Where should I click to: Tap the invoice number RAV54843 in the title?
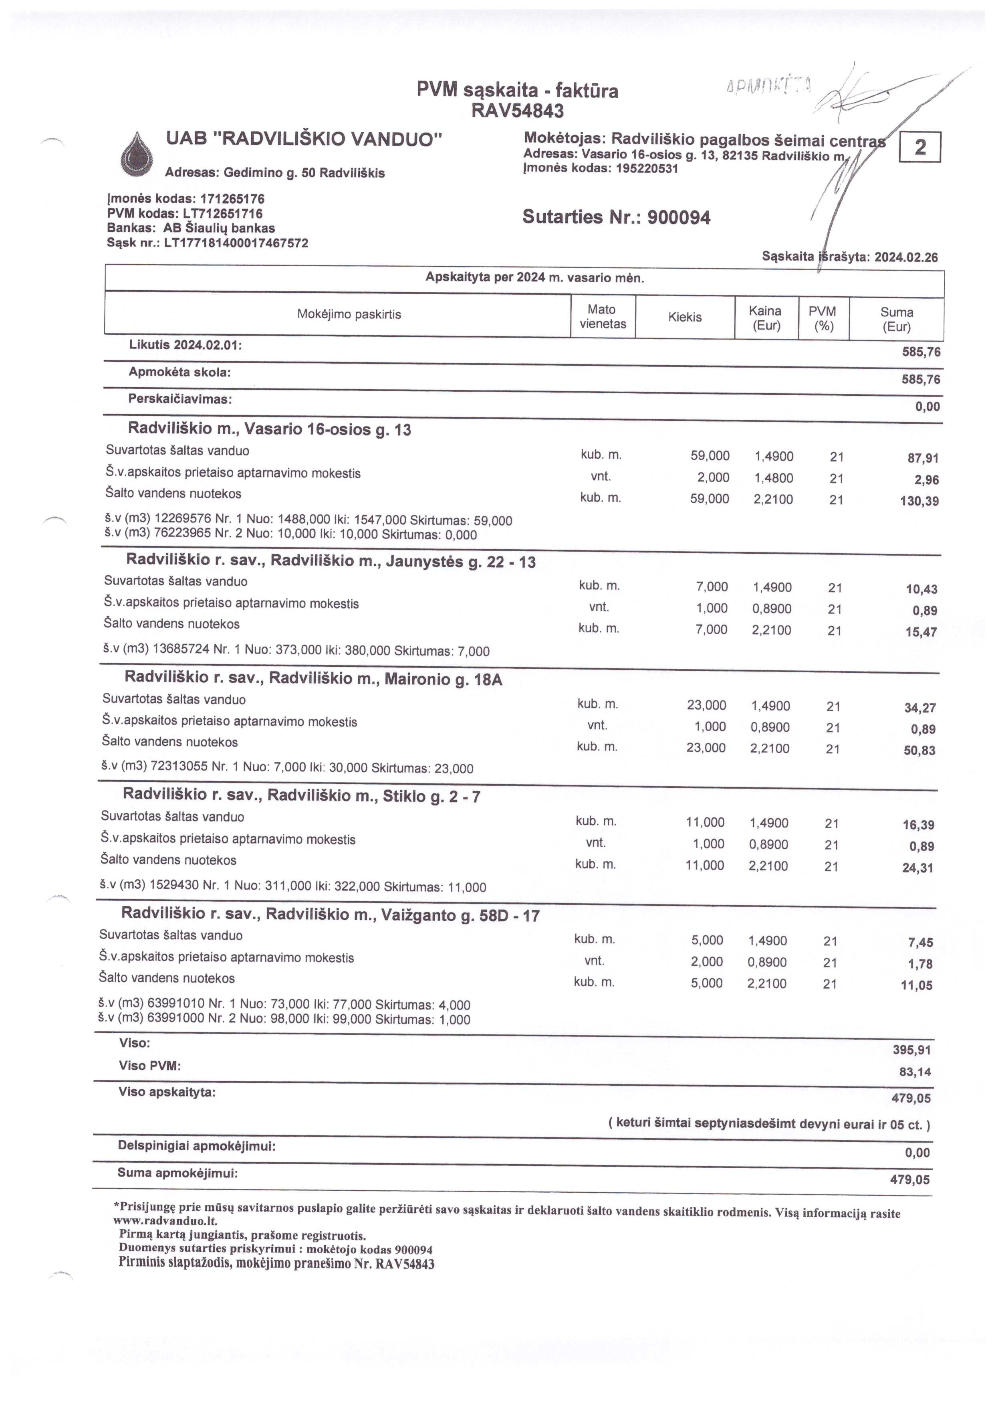coord(517,111)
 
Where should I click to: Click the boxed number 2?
coord(919,147)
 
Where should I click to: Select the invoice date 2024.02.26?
coord(906,257)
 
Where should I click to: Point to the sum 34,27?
coord(919,708)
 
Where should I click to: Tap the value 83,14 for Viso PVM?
coord(915,1072)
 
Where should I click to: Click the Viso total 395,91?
coord(911,1050)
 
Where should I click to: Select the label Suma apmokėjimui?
coord(177,1173)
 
